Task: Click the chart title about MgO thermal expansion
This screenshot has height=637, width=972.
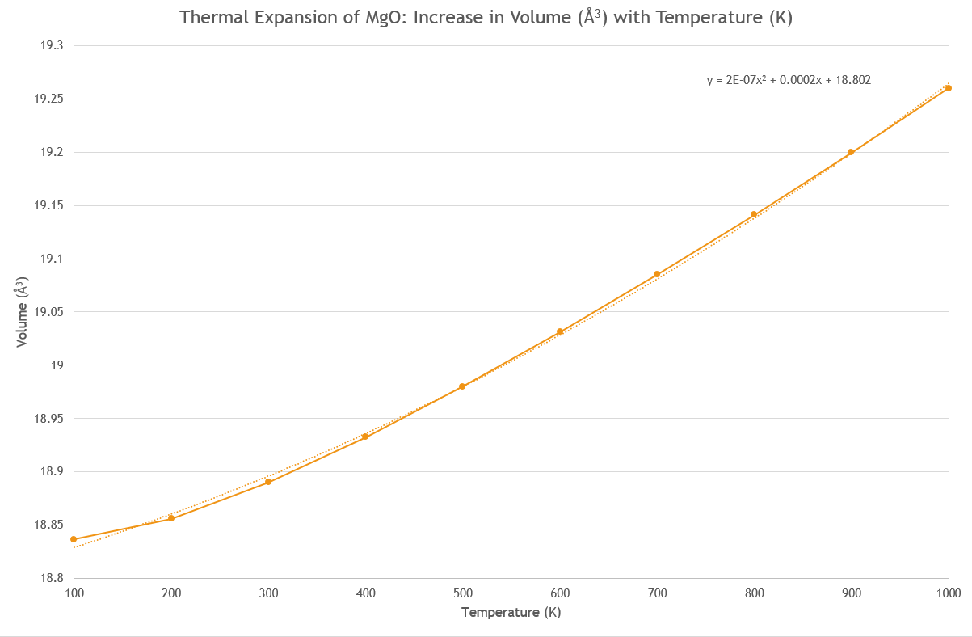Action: [486, 18]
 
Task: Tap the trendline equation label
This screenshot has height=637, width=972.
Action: [789, 80]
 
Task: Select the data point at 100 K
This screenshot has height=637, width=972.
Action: [74, 539]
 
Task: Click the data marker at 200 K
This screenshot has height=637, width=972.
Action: [171, 518]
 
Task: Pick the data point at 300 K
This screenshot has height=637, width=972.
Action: [268, 482]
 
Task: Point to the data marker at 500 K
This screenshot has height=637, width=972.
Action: [462, 386]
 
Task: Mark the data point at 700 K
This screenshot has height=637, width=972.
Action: [657, 274]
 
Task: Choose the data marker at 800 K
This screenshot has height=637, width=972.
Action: [754, 214]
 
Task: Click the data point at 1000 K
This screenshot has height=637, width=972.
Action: [948, 88]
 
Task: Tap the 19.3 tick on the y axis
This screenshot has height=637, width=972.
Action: [51, 46]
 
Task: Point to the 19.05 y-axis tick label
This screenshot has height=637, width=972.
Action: [48, 312]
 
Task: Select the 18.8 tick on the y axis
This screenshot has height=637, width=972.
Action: [51, 578]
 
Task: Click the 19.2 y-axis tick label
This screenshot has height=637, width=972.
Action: [51, 153]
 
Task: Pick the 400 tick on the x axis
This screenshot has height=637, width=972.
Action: [365, 593]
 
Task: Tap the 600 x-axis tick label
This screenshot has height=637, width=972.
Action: [560, 593]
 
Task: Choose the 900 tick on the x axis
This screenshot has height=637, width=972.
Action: [851, 593]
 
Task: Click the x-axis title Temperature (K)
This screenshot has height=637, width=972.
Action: [511, 613]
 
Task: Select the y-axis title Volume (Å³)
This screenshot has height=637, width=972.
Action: [23, 312]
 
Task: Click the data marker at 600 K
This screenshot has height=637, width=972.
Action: [560, 331]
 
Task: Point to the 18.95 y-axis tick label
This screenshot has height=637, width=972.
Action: [48, 419]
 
